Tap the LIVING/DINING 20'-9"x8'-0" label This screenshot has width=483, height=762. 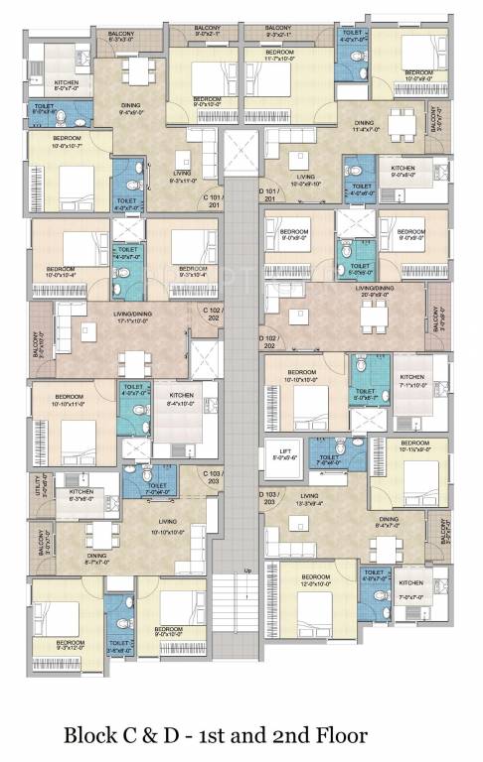coord(379,291)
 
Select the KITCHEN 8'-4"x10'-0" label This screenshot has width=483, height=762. coord(179,399)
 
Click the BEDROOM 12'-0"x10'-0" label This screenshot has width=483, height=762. coord(315,580)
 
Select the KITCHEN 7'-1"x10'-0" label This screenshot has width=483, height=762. coord(411,381)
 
